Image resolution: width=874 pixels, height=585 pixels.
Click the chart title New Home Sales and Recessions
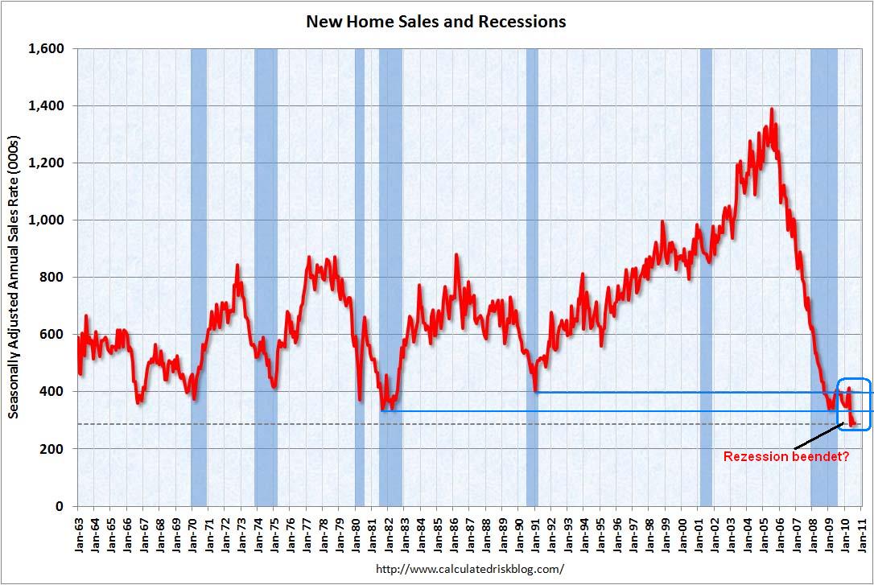(435, 22)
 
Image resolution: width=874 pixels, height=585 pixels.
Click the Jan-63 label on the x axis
(78, 532)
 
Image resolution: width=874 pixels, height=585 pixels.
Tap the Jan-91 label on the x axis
(535, 532)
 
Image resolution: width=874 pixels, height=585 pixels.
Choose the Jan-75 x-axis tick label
(274, 532)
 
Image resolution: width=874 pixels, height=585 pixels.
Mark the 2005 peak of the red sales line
(772, 109)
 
